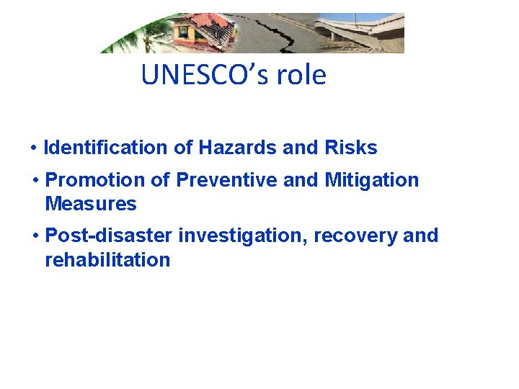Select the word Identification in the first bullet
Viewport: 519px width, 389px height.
(106, 148)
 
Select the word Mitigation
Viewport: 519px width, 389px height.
(371, 180)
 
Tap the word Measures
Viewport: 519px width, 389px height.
(90, 204)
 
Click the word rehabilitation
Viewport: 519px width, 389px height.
(107, 259)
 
